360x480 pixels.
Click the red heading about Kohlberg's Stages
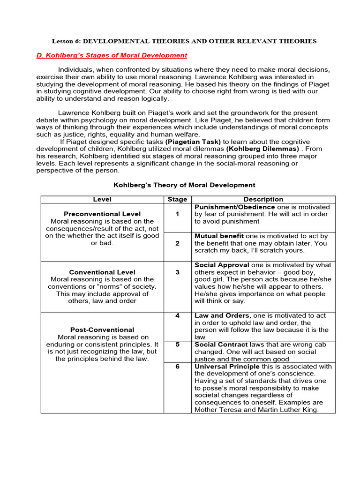click(112, 55)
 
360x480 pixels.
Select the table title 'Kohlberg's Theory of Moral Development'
click(184, 185)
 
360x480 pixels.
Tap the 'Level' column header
click(102, 199)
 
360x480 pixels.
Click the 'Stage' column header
click(177, 199)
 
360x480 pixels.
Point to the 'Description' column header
click(263, 199)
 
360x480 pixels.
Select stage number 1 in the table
click(177, 214)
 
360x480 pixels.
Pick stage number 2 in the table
click(177, 243)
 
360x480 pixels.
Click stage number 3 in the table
click(177, 272)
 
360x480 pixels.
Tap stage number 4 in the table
click(177, 315)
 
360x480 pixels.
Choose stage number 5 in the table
click(177, 345)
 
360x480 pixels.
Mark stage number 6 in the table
click(177, 367)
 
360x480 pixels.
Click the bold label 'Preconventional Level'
click(102, 214)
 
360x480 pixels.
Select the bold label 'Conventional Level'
click(102, 272)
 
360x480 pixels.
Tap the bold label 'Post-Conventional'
click(102, 330)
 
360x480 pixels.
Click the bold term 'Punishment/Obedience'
click(234, 207)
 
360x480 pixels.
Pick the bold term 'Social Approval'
click(221, 265)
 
